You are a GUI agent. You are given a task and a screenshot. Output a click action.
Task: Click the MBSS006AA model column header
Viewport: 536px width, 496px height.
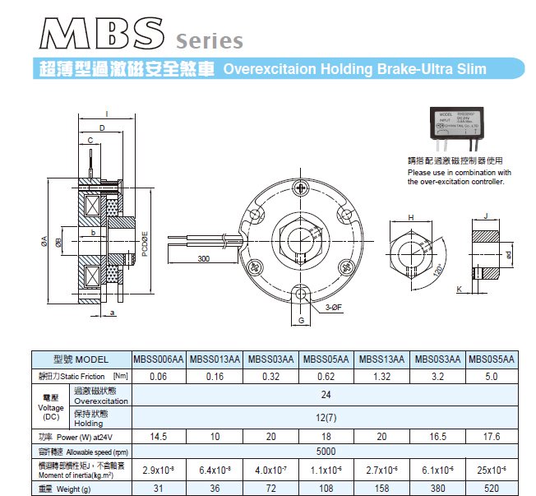[x=159, y=359]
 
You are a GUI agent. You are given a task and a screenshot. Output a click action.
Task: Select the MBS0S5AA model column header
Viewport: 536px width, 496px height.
[x=491, y=359]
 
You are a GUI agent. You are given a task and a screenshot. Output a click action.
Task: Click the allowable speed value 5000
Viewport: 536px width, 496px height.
[x=326, y=452]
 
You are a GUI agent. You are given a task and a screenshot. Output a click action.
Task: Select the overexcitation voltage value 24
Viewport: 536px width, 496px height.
[x=326, y=393]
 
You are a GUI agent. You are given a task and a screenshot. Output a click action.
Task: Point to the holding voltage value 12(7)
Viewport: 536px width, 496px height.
[x=326, y=418]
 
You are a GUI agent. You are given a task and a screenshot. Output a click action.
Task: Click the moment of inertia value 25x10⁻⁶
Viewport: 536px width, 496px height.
[x=491, y=470]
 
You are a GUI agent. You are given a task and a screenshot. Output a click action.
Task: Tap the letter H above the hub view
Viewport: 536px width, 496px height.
[x=411, y=217]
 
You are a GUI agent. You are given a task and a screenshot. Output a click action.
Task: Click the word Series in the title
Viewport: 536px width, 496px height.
[x=210, y=40]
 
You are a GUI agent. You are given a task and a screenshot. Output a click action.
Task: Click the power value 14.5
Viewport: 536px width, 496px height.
[x=159, y=437]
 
